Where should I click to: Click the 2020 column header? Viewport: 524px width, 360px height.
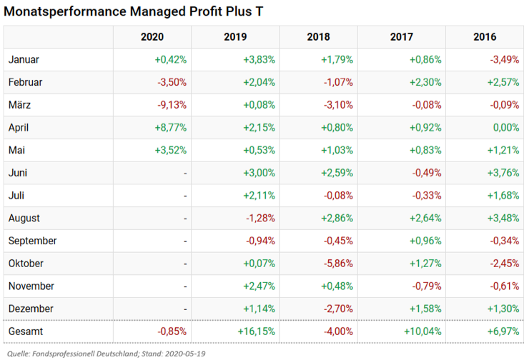pos(152,37)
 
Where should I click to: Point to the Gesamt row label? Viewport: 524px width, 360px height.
pos(25,332)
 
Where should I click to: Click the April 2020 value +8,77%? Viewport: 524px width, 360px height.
pos(170,128)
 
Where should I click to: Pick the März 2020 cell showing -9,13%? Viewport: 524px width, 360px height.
pos(172,105)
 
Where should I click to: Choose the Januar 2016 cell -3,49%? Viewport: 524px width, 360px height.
pos(505,60)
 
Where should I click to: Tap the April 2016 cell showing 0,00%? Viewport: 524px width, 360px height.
pos(505,128)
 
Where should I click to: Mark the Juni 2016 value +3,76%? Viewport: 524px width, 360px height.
pos(503,173)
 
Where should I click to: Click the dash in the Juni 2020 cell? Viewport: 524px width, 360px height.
pos(184,173)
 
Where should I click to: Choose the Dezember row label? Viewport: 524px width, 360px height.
pos(31,309)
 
